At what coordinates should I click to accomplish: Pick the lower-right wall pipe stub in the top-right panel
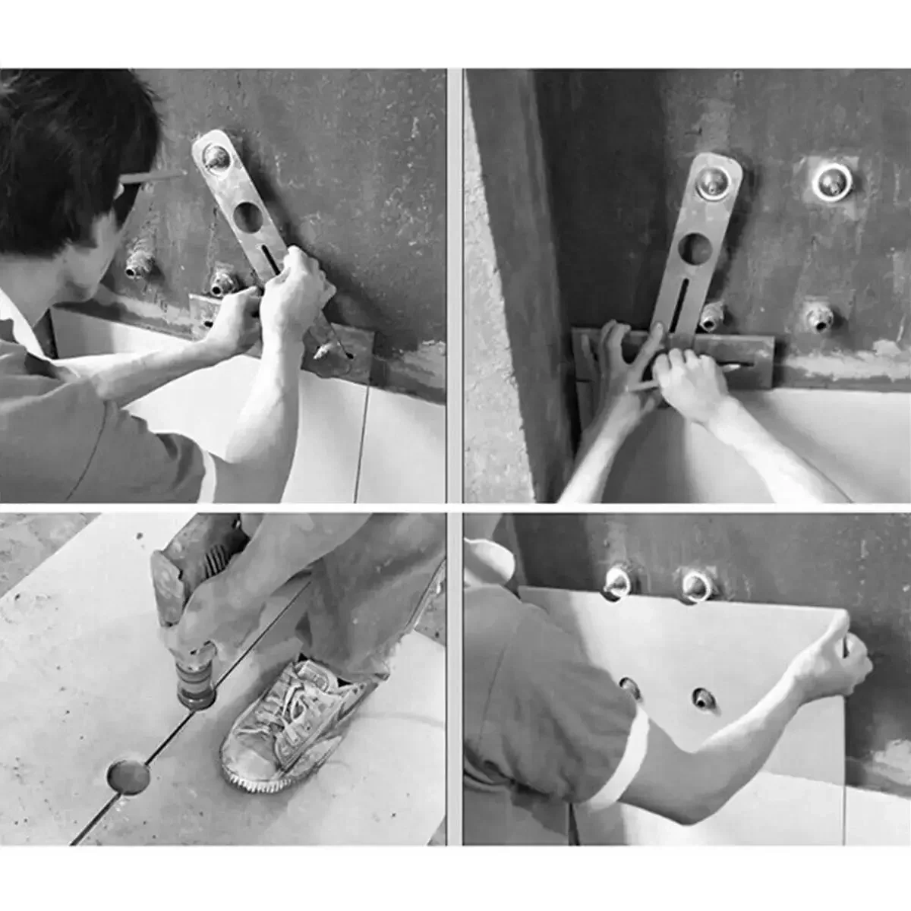pyautogui.click(x=817, y=317)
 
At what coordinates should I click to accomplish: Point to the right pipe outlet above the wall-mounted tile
pyautogui.click(x=696, y=585)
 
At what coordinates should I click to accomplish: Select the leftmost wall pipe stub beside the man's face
pyautogui.click(x=141, y=263)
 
